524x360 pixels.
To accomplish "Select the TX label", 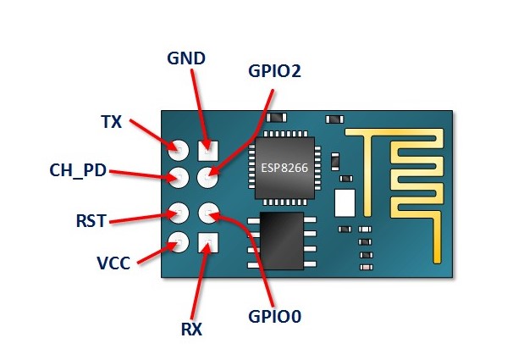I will pyautogui.click(x=112, y=122).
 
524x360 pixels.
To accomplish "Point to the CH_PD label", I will pyautogui.click(x=78, y=170).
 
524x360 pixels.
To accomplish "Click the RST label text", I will pyautogui.click(x=91, y=221).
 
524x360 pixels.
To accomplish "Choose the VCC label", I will pyautogui.click(x=114, y=263).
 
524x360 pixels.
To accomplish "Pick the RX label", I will pyautogui.click(x=191, y=329).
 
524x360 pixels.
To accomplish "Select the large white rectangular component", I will pyautogui.click(x=345, y=202).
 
